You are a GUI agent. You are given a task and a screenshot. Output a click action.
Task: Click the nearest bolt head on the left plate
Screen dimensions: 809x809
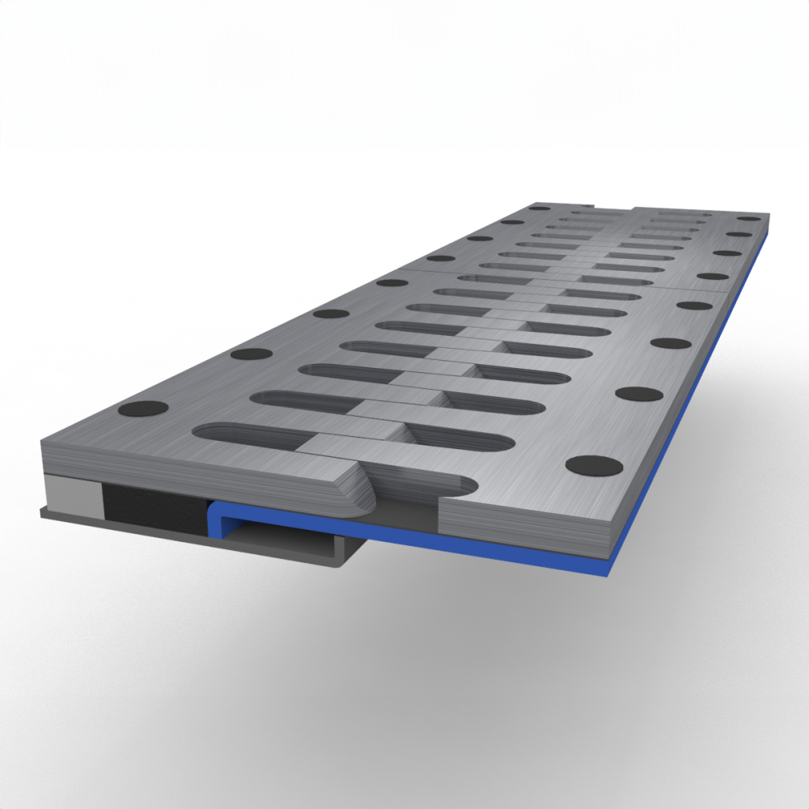coord(146,409)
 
